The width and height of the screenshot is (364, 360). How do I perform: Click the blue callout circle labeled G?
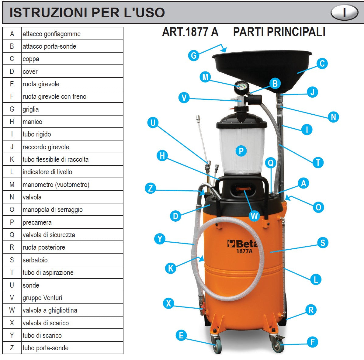point(194,55)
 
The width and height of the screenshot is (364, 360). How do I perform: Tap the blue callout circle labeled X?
point(168,303)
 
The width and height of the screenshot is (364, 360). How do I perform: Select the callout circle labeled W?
point(254,216)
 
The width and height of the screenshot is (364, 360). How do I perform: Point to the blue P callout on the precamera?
point(241,151)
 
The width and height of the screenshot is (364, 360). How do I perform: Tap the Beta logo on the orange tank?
point(242,244)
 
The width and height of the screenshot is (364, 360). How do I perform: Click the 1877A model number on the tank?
point(244,251)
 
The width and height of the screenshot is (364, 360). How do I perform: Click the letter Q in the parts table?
point(12,235)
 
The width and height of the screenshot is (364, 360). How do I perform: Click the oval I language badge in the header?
point(344,13)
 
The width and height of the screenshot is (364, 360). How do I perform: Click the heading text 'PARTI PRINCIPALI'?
point(279,32)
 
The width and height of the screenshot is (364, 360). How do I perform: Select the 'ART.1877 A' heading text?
point(190,32)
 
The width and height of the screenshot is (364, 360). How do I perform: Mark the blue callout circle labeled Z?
point(151,188)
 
